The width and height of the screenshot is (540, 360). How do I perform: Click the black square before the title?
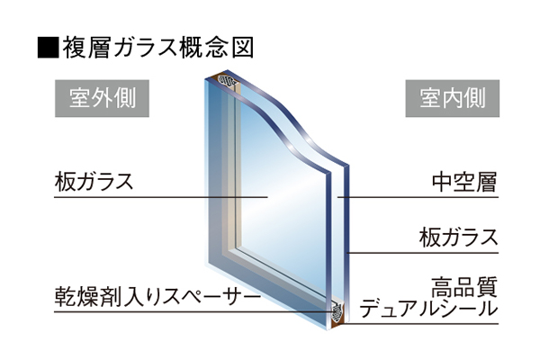click(x=49, y=47)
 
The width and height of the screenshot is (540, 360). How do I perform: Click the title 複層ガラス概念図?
click(x=158, y=47)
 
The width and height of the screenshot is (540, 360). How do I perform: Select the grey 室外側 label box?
click(x=102, y=98)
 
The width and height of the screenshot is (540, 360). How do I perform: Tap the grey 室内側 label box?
click(x=452, y=98)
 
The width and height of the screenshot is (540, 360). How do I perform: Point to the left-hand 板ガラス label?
click(x=94, y=182)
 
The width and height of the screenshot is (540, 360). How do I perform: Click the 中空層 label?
click(x=464, y=182)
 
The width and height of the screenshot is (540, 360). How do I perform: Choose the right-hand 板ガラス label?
click(x=458, y=238)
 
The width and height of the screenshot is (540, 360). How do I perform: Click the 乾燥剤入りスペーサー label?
click(x=157, y=297)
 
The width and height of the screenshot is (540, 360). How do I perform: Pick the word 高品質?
click(x=464, y=286)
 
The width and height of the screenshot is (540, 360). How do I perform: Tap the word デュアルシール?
click(x=429, y=309)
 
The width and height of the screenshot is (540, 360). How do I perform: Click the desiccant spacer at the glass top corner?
click(x=227, y=81)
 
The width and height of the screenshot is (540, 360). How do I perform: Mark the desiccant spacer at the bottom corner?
click(x=337, y=312)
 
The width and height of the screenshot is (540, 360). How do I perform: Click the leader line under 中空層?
click(x=418, y=197)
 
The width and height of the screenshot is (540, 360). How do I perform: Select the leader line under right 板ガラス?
click(x=423, y=253)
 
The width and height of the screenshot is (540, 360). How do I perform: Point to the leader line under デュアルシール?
click(x=419, y=324)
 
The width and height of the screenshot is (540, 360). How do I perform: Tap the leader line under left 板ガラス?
click(x=161, y=197)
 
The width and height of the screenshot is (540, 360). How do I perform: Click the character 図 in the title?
click(x=243, y=47)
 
